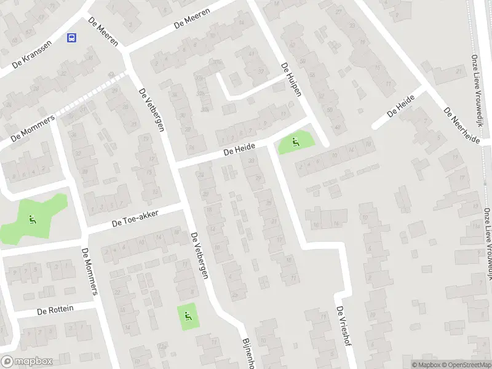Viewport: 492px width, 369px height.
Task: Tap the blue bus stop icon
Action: pyautogui.click(x=72, y=38)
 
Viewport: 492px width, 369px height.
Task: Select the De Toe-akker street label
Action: pyautogui.click(x=135, y=220)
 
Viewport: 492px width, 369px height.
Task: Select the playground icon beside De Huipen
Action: pyautogui.click(x=296, y=143)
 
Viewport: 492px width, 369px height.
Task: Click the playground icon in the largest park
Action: pyautogui.click(x=32, y=218)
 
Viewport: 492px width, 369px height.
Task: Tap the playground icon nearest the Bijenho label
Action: pyautogui.click(x=188, y=317)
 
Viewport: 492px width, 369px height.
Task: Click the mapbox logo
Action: pyautogui.click(x=26, y=362)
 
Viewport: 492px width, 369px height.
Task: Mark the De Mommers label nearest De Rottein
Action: pyautogui.click(x=90, y=271)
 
